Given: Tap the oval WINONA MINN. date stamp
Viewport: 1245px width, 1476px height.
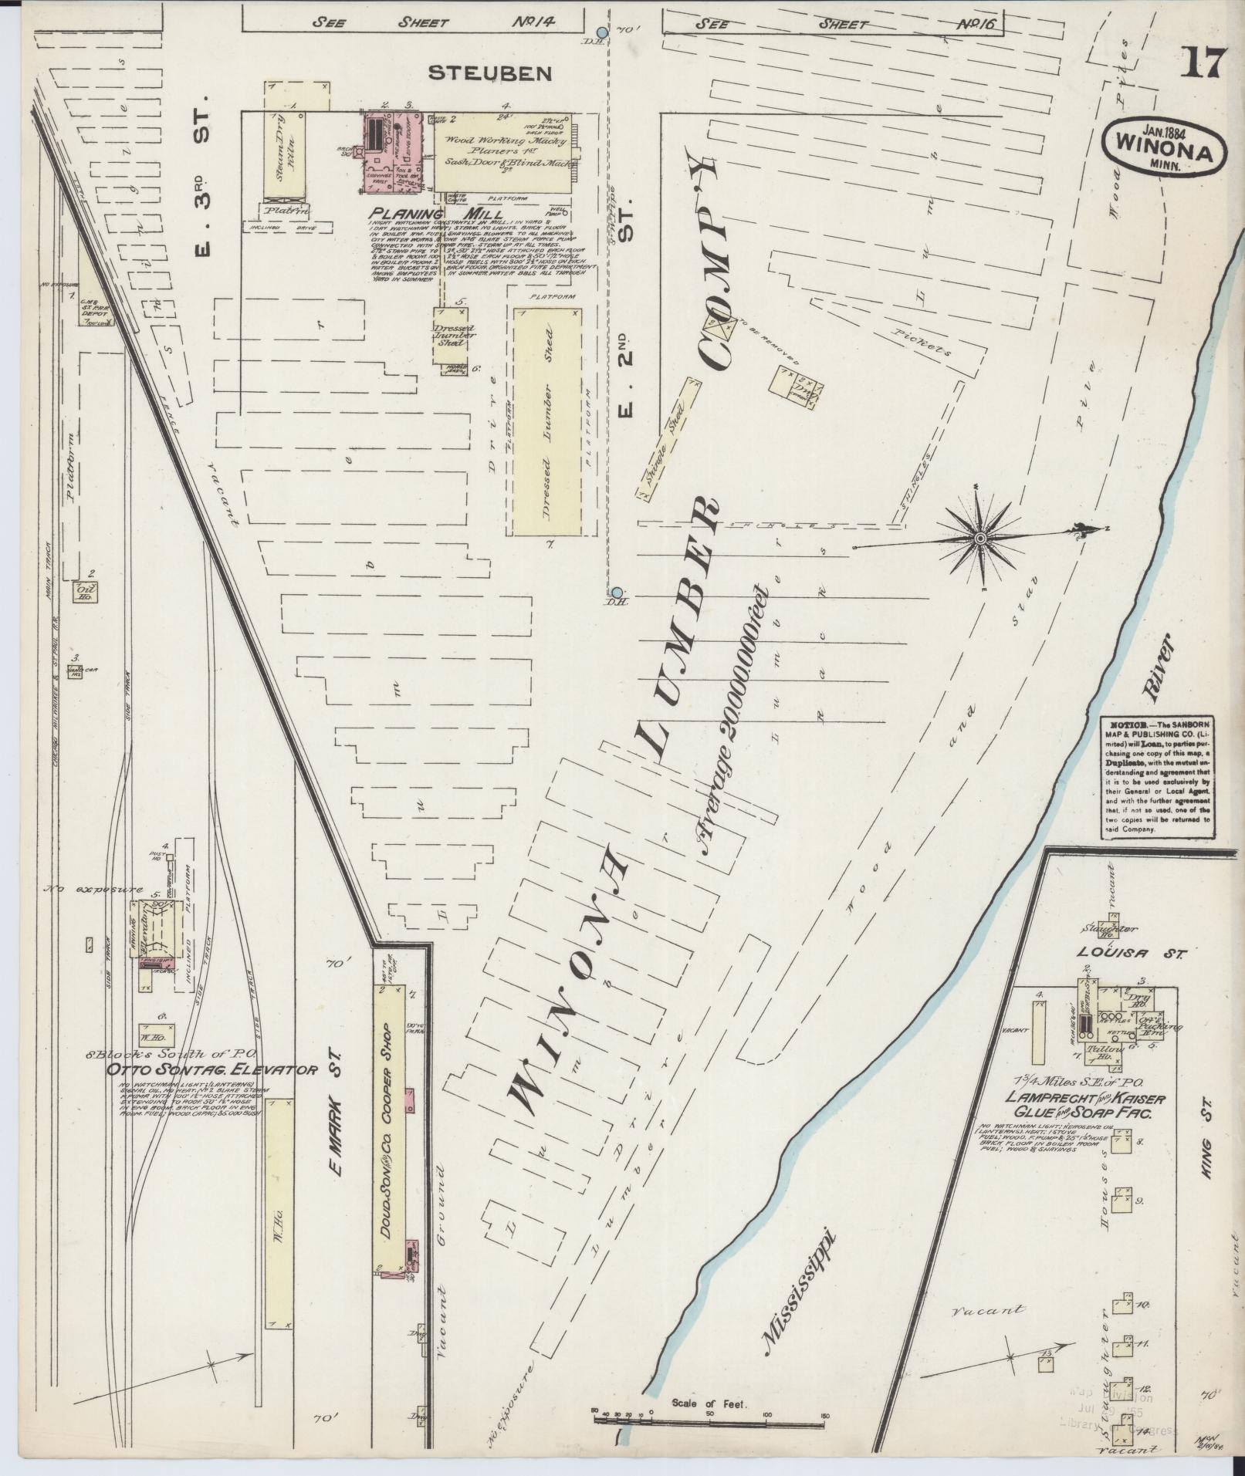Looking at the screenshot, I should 1165,150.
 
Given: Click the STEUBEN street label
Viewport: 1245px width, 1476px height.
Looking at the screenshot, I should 490,73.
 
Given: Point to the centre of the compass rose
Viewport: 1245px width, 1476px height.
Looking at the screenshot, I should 979,538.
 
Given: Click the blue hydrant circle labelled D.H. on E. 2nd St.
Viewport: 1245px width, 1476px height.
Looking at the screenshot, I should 615,591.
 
